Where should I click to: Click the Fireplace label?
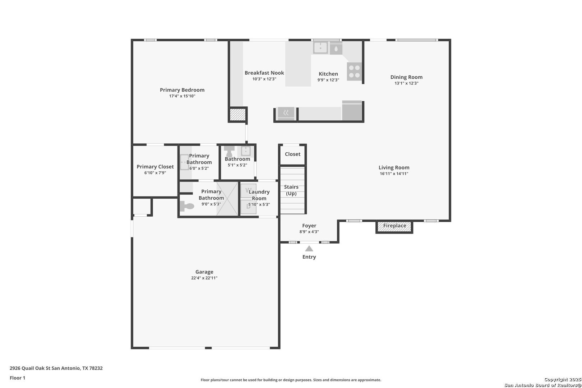tap(394, 226)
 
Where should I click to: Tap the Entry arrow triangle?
tap(309, 249)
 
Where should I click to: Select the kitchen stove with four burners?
tap(354, 71)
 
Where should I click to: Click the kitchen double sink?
tap(320, 48)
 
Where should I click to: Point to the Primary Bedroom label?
tap(182, 90)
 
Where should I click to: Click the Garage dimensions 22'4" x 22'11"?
tap(204, 278)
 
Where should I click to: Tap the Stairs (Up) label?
tap(291, 190)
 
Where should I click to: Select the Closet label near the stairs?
tap(292, 154)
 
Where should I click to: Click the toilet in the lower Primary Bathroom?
tap(187, 206)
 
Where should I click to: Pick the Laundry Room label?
tap(259, 195)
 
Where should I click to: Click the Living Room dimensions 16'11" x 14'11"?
tap(394, 174)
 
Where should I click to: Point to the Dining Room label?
tap(406, 77)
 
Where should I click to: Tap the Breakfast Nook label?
tap(264, 73)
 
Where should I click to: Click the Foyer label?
tap(309, 226)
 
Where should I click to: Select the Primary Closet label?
tap(155, 167)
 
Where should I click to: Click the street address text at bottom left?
tap(56, 368)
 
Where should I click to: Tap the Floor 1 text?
tap(17, 378)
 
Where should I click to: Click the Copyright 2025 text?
tap(563, 379)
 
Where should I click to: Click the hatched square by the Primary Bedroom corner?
tap(238, 115)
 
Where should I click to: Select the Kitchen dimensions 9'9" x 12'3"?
tap(328, 80)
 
